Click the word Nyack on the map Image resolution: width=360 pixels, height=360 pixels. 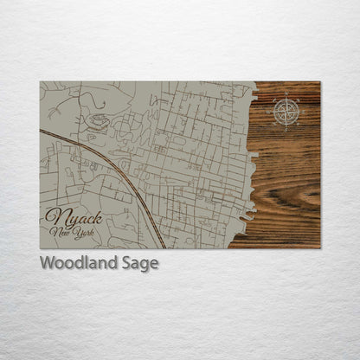(74, 216)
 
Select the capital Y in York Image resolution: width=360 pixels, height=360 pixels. (74, 232)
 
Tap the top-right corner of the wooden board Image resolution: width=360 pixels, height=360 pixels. (319, 82)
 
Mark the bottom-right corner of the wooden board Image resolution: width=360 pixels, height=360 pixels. (319, 247)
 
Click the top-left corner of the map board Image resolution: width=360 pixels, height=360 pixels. (41, 82)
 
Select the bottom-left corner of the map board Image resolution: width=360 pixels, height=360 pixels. (41, 247)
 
